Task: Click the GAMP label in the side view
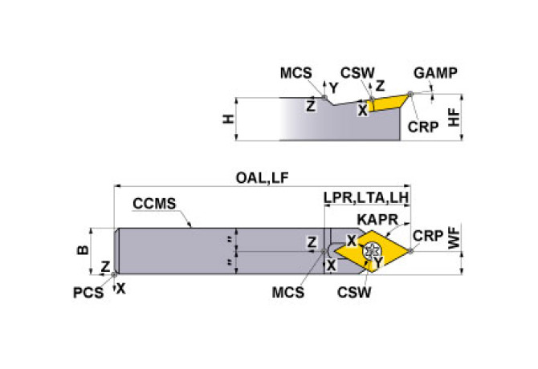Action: pyautogui.click(x=436, y=74)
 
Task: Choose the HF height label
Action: pyautogui.click(x=454, y=118)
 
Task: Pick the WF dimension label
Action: pyautogui.click(x=454, y=239)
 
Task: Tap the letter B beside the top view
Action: pyautogui.click(x=83, y=250)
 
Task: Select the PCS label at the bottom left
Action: pyautogui.click(x=88, y=293)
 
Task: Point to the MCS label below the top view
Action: pyautogui.click(x=288, y=293)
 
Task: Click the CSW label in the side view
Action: pyautogui.click(x=357, y=74)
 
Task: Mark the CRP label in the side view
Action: pyautogui.click(x=422, y=127)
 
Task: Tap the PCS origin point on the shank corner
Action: pyautogui.click(x=116, y=274)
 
